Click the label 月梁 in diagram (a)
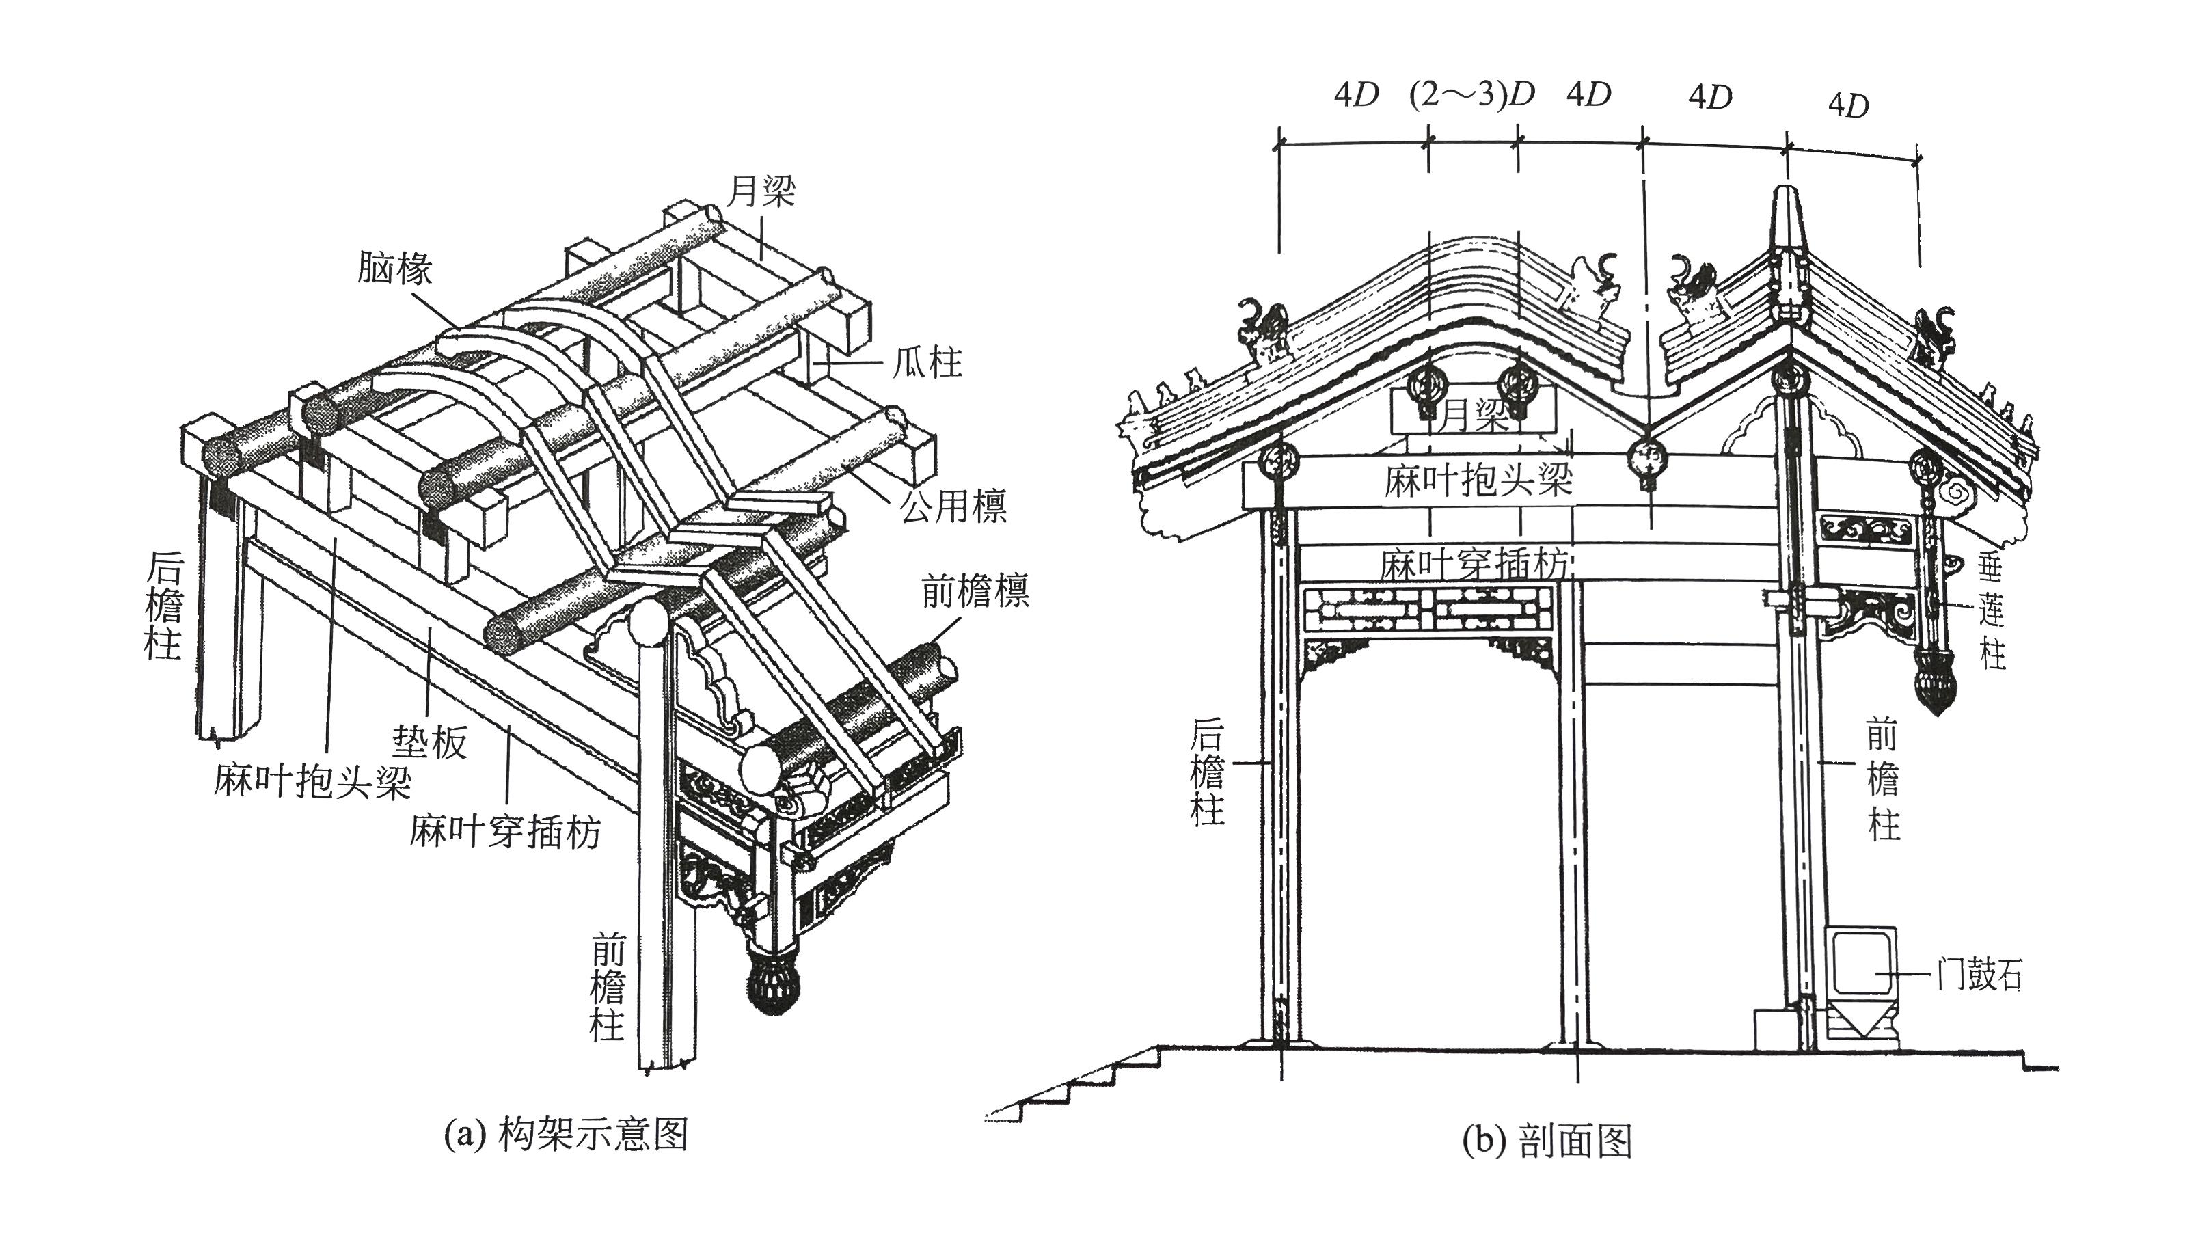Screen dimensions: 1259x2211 point(761,191)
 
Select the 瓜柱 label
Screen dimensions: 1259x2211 point(927,362)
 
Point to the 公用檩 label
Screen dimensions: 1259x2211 point(953,505)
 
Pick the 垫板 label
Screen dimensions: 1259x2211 point(430,741)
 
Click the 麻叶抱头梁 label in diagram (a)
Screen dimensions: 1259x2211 point(313,783)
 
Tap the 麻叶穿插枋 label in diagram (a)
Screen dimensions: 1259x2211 point(505,832)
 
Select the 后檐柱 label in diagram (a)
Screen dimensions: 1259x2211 point(163,607)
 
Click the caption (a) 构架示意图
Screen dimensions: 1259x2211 point(565,1134)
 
